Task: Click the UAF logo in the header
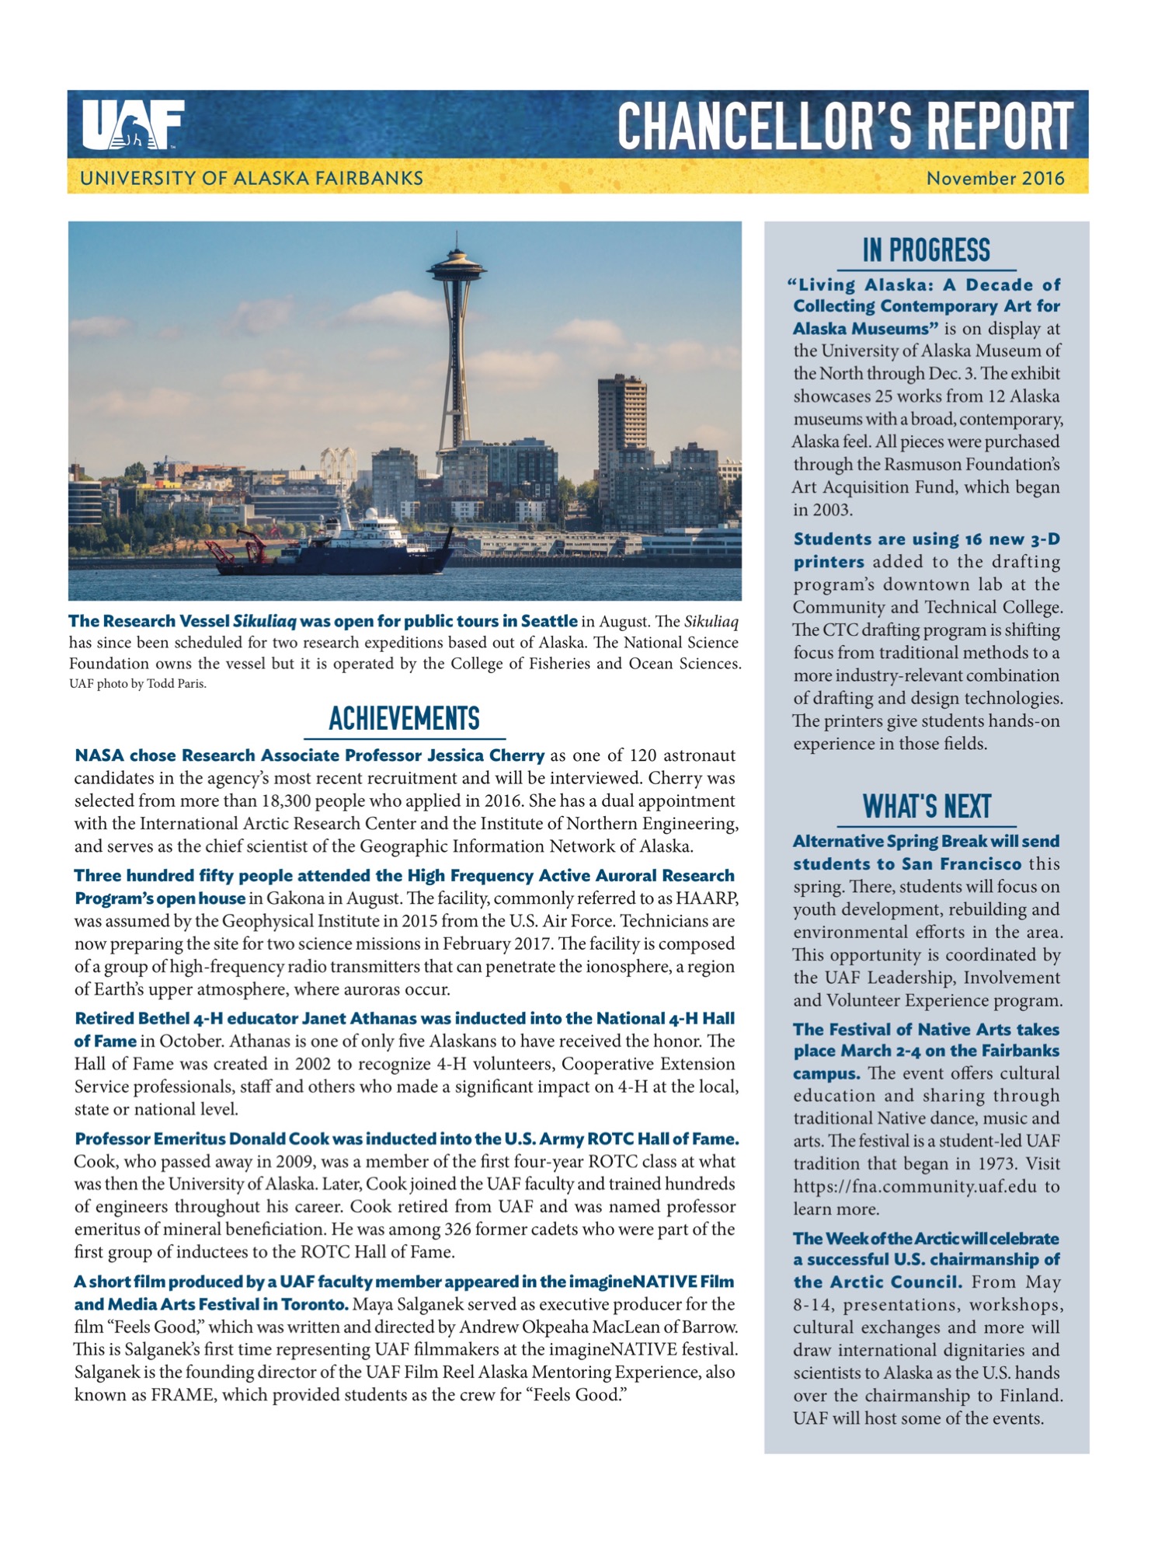tap(133, 124)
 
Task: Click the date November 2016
tap(995, 179)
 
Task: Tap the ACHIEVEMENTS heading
tap(404, 719)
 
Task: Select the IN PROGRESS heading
tap(926, 251)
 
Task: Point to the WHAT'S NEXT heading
tap(927, 807)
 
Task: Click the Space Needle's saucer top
tap(456, 269)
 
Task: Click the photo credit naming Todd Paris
tap(137, 685)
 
